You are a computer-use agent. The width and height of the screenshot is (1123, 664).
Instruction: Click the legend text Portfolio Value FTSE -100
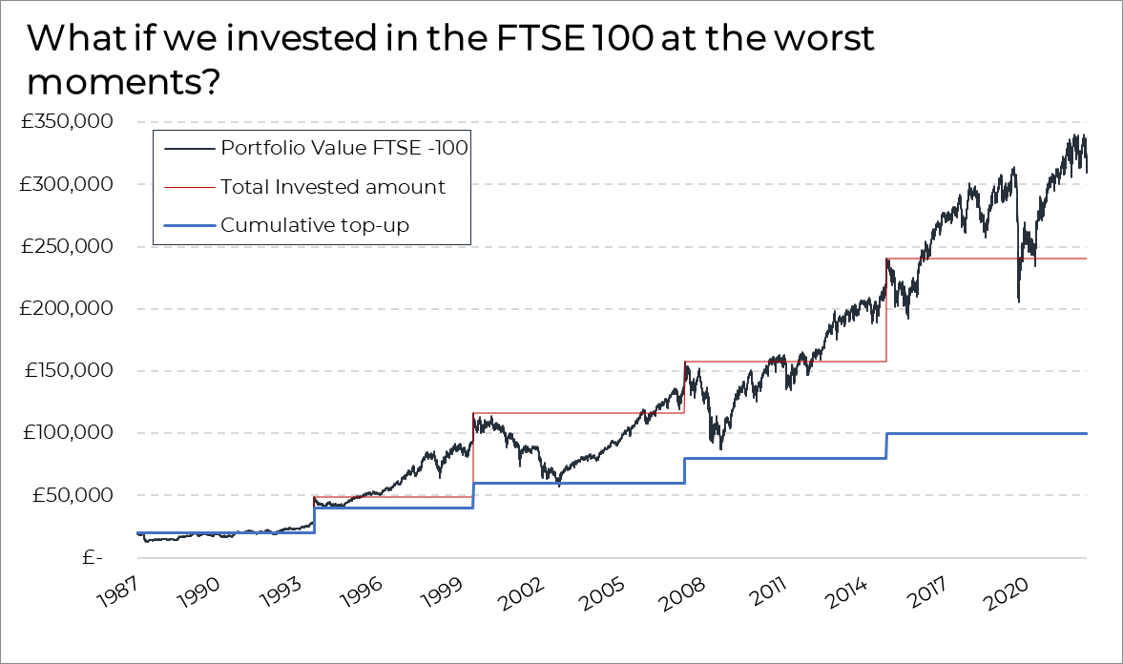click(343, 148)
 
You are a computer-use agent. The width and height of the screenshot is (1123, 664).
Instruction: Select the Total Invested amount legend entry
click(332, 187)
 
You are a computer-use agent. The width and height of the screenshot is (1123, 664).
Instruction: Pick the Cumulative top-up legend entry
click(315, 225)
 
